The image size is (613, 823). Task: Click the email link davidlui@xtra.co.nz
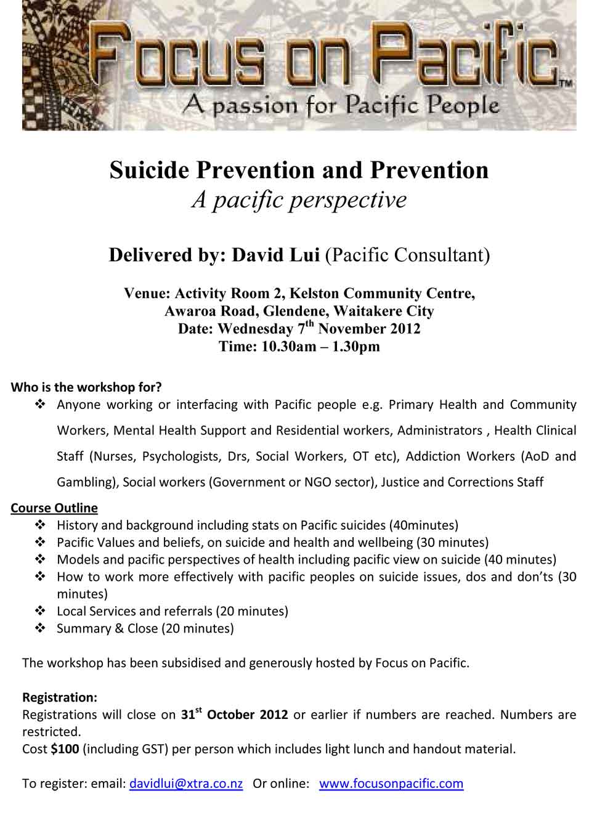point(186,784)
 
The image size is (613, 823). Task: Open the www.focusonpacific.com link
point(391,784)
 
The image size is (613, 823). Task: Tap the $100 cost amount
point(64,750)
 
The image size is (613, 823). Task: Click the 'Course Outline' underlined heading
point(54,508)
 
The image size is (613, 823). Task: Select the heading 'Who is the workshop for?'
point(86,387)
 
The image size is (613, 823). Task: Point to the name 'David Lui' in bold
point(275,255)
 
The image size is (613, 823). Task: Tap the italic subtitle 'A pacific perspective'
point(299,200)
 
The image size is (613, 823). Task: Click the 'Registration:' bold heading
point(60,698)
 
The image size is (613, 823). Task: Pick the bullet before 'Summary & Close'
point(41,629)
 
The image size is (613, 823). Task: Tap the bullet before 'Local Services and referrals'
point(41,612)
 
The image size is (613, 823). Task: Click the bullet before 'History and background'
point(41,525)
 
